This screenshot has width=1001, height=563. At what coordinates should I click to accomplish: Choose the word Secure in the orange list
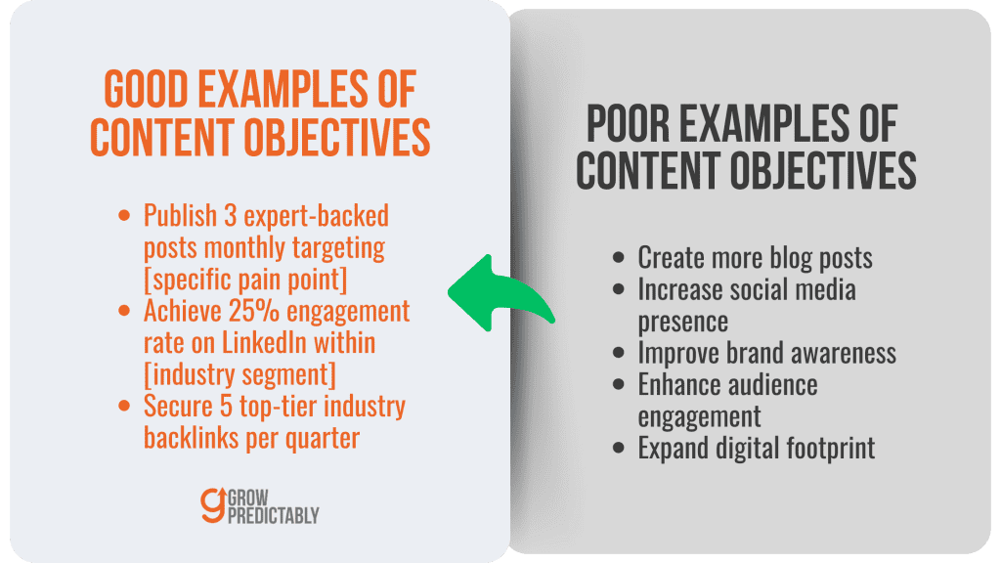click(175, 407)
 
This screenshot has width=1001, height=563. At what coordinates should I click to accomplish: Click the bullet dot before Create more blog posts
click(620, 258)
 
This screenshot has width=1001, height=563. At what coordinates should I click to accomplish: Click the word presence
click(680, 321)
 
